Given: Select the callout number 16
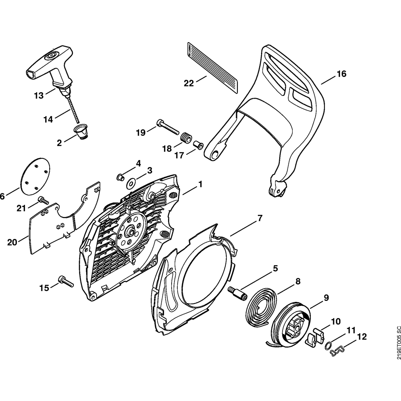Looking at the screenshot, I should [341, 74].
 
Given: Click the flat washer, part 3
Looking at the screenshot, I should [131, 184].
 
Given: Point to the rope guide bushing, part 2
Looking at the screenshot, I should [82, 132].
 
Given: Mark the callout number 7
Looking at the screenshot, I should [259, 219].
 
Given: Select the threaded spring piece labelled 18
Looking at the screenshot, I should [185, 138].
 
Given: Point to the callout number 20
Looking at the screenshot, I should [12, 242].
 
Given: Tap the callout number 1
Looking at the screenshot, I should [200, 185].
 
